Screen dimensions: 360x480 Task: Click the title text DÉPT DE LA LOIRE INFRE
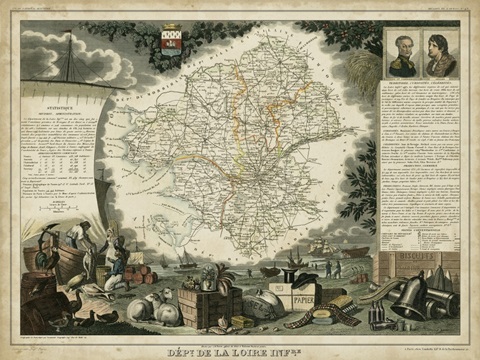click(240, 351)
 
